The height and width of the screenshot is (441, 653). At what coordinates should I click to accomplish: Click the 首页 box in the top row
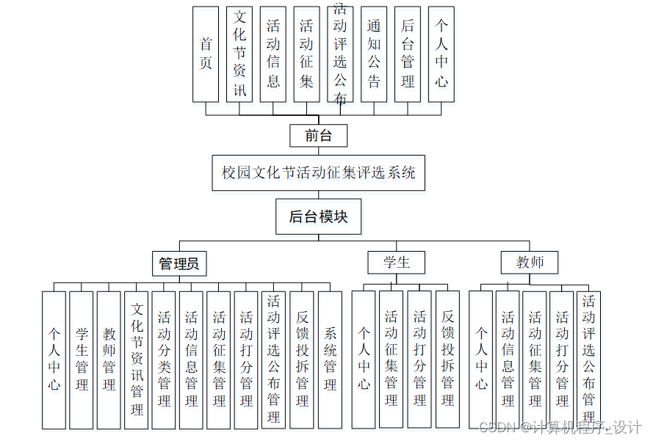pos(206,54)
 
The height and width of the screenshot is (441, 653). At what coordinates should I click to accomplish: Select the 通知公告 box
pos(374,54)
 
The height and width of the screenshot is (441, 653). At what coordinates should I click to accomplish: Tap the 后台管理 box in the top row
pos(408,54)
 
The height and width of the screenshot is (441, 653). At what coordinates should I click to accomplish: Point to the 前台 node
pos(318,136)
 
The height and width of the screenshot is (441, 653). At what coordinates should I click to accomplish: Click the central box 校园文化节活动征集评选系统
pos(318,172)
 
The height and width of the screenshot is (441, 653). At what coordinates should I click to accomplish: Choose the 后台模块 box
pos(318,216)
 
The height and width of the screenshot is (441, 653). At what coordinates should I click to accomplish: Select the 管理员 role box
pos(179,263)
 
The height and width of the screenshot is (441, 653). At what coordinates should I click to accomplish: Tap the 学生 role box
pos(397,262)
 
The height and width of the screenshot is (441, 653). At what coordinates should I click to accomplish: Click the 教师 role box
pos(530,262)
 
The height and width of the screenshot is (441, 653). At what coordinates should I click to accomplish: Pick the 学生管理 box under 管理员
pos(82,360)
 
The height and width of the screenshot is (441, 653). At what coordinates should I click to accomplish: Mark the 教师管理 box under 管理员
pos(109,360)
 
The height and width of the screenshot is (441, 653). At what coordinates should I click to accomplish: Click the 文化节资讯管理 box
pos(137,360)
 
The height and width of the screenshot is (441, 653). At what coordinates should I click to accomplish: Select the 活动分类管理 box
pos(164,360)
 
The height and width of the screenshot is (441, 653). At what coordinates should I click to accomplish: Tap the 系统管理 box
pos(330,360)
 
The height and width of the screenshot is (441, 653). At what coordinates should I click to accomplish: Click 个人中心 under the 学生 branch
pos(364,360)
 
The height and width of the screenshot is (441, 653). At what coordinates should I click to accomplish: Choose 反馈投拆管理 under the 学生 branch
pos(447,360)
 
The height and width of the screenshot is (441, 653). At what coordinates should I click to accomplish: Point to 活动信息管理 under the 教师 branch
pos(508,360)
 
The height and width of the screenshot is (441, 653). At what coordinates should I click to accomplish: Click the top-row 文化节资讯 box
pos(239,54)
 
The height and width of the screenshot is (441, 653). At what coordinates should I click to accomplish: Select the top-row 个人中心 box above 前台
pos(441,54)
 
